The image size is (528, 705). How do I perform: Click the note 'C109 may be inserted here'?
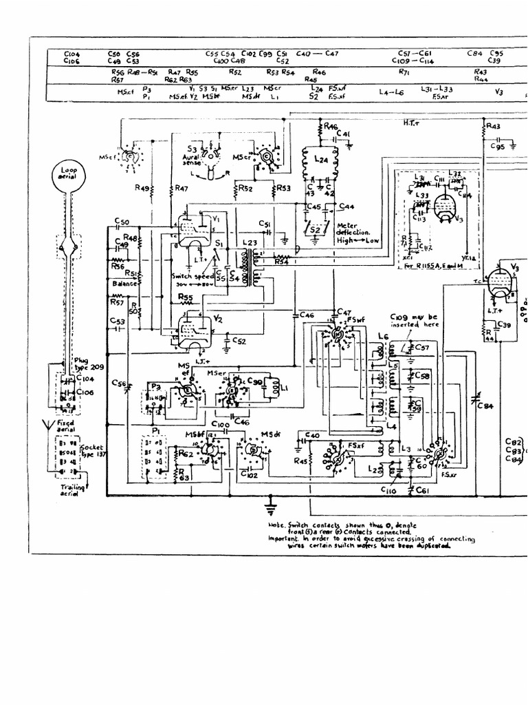pyautogui.click(x=413, y=321)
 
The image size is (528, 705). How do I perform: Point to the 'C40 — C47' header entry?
pyautogui.click(x=317, y=53)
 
